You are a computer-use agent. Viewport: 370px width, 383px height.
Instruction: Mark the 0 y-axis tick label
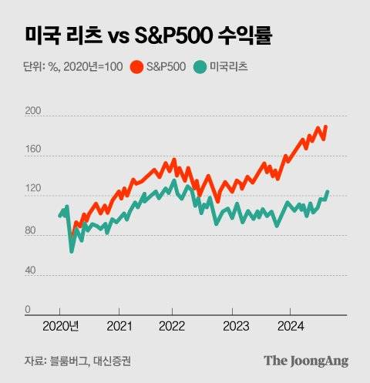[28, 310]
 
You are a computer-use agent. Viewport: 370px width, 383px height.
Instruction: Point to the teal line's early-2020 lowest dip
[72, 250]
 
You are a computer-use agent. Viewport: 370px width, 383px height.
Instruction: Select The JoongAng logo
[306, 360]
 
